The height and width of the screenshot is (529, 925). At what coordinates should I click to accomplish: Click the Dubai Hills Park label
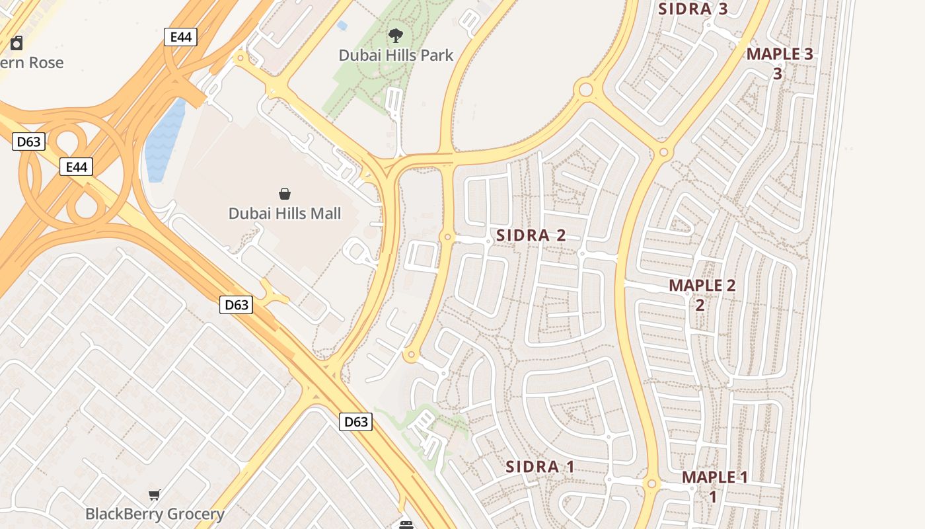[x=396, y=55]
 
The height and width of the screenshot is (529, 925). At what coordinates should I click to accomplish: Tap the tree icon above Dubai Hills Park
[x=396, y=36]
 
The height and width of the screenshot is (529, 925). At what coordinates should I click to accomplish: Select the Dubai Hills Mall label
[x=285, y=213]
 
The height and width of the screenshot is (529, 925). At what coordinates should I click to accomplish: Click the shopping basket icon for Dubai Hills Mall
[x=285, y=194]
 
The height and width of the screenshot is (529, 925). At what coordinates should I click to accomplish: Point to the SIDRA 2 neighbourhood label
[x=531, y=235]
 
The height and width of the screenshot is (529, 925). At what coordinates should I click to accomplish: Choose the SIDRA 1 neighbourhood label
[x=540, y=467]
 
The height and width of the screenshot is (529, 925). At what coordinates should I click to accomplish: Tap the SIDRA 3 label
[x=693, y=9]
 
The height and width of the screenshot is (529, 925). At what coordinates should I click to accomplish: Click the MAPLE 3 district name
[x=780, y=55]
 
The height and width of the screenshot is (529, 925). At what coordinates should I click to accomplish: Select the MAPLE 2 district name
[x=702, y=286]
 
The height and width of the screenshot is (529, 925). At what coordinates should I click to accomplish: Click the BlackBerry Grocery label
[x=155, y=514]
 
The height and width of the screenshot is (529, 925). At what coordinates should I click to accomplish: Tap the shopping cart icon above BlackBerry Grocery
[x=155, y=495]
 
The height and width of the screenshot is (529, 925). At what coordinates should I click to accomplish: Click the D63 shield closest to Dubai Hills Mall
[x=236, y=305]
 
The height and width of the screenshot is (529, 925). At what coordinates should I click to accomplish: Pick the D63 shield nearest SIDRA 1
[x=355, y=421]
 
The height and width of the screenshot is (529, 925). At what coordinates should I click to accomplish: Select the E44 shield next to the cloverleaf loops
[x=76, y=167]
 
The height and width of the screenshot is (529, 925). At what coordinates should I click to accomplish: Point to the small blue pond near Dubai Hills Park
[x=342, y=26]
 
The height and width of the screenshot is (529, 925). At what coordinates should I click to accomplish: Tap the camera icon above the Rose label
[x=17, y=44]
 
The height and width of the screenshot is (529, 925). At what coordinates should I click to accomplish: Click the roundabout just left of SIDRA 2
[x=448, y=237]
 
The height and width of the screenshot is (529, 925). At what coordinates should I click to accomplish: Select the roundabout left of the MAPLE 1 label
[x=652, y=485]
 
